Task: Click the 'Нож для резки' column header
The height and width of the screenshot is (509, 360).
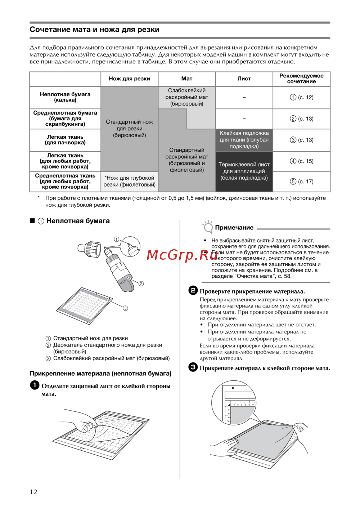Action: (x=129, y=79)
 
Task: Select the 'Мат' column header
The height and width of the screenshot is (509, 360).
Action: (x=186, y=79)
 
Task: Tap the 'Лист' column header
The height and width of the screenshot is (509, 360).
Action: (x=244, y=79)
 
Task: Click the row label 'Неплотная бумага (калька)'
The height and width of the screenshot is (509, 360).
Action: (x=65, y=97)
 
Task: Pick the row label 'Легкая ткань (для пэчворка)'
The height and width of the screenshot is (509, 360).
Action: (x=65, y=140)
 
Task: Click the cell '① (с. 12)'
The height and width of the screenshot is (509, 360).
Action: (x=302, y=97)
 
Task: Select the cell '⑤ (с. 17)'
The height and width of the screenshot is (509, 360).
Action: (x=302, y=182)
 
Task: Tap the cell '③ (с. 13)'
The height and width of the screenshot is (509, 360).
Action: (x=302, y=140)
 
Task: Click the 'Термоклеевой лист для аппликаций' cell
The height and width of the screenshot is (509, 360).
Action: (x=244, y=171)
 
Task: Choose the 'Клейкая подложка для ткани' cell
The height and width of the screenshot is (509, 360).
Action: (x=244, y=140)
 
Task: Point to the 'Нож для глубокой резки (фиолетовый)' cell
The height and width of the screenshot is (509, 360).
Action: (x=129, y=181)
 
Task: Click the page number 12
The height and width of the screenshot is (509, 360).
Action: (x=33, y=492)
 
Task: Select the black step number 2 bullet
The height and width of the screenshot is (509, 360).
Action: (x=193, y=290)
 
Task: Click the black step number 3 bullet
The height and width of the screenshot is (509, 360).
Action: (x=193, y=367)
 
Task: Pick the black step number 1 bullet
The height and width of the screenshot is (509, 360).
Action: (x=35, y=385)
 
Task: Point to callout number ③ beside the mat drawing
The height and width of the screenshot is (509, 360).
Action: (x=125, y=308)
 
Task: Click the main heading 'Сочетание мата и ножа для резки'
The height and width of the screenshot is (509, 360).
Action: (x=94, y=30)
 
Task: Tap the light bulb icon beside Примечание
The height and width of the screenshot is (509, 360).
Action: (x=208, y=227)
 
